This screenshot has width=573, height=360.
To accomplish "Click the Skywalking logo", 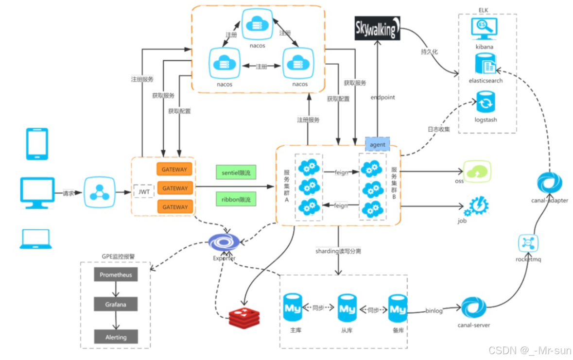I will tap(377, 28).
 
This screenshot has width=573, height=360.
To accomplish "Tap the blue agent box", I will tap(377, 144).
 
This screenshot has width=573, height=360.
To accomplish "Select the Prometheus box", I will tap(116, 275).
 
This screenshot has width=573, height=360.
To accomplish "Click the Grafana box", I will tap(116, 305).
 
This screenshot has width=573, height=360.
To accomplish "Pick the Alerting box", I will tap(116, 337).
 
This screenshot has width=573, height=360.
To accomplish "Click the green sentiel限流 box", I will tap(236, 172).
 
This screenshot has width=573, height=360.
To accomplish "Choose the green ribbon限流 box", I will tap(236, 200).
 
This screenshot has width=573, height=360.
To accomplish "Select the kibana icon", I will tap(484, 29).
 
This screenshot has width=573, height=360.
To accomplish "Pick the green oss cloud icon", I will tap(477, 171).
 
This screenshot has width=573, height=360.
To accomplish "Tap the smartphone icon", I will tap(36, 144).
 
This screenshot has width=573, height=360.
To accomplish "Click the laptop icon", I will tap(35, 239).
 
